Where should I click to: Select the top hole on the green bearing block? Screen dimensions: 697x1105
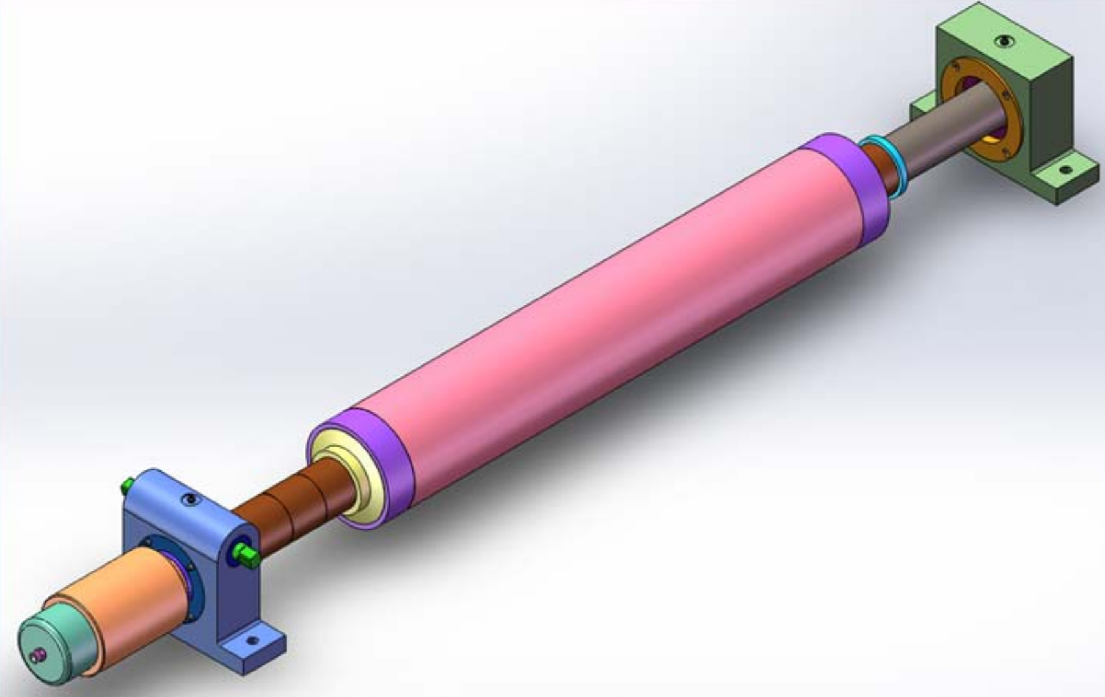pos(1002,42)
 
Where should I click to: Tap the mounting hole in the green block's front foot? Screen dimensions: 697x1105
pos(1066,170)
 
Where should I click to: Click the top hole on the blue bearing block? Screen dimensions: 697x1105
pos(189,500)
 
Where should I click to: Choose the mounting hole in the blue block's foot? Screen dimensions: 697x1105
pos(252,640)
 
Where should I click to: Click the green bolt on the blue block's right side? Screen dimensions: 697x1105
pos(246,554)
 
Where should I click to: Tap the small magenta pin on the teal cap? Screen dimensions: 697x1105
pos(37,656)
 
